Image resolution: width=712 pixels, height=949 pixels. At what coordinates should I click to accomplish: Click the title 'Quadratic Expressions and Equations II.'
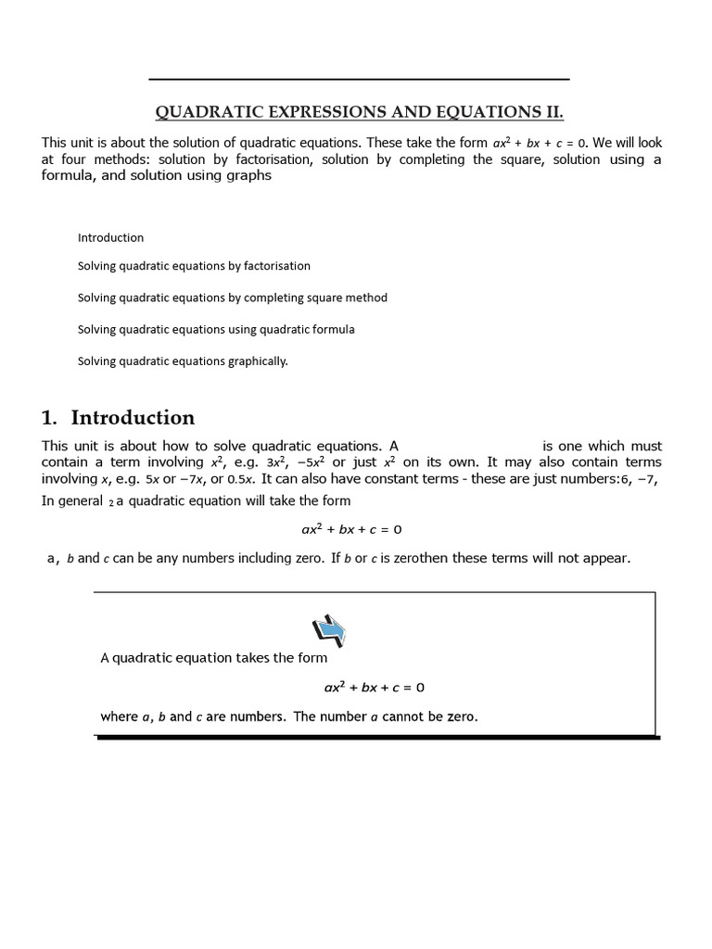(359, 113)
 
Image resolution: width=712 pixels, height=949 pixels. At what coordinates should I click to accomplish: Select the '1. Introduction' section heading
(119, 417)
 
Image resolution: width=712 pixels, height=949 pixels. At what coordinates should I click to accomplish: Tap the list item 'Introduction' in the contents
(110, 237)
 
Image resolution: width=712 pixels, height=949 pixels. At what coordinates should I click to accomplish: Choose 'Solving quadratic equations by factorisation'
(194, 266)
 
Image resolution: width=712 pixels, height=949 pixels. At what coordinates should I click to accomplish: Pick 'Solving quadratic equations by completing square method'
(232, 297)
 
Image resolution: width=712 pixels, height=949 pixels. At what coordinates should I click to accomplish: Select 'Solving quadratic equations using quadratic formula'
(216, 329)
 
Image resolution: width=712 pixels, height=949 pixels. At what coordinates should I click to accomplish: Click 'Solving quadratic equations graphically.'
(183, 361)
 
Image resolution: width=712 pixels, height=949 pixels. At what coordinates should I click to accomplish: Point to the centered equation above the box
(351, 530)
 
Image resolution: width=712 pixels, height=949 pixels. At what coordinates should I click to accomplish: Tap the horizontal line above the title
(359, 80)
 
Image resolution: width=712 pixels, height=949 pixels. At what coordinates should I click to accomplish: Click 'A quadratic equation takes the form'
(213, 658)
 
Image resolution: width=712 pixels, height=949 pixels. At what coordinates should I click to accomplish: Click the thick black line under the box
(378, 738)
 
